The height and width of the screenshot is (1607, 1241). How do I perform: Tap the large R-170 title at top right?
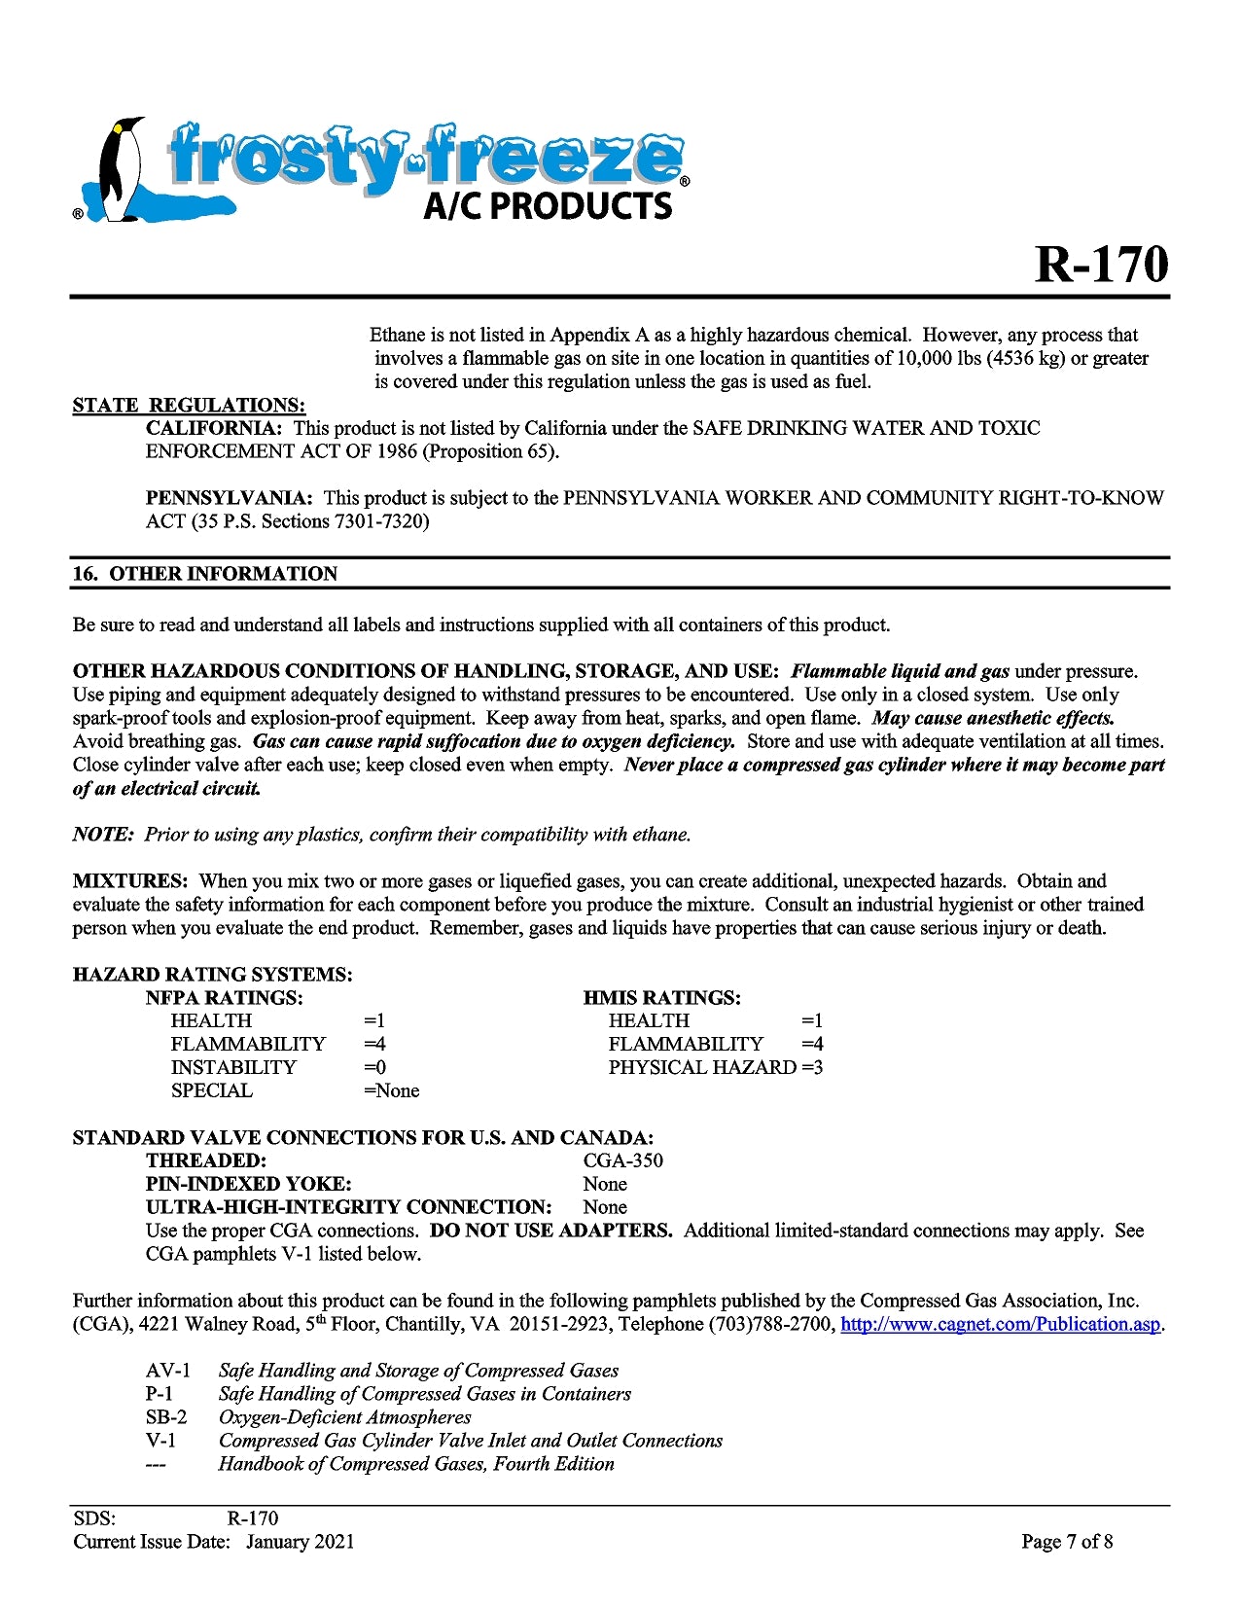point(1101,264)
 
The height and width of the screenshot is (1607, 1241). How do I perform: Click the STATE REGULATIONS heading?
point(189,405)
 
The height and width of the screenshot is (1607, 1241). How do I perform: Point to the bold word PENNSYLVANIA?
point(230,498)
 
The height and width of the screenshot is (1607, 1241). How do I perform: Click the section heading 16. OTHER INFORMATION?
point(205,574)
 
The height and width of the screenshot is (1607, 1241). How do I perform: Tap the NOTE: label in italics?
point(103,835)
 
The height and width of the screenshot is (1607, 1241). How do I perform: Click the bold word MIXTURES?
point(130,881)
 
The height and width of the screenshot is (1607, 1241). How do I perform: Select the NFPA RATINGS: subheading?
point(225,998)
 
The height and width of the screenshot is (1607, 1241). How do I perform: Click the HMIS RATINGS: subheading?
point(662,998)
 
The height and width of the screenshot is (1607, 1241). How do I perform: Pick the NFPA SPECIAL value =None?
point(392,1090)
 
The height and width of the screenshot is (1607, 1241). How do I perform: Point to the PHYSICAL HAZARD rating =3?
point(812,1067)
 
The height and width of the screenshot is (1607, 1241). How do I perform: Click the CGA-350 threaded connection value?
point(623,1161)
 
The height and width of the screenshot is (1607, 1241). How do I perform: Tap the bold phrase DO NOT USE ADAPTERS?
point(550,1231)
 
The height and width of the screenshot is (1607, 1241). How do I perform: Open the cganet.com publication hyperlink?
point(1001,1324)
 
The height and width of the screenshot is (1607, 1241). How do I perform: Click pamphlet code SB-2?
point(166,1417)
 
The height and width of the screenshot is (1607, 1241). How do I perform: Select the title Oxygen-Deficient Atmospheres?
point(345,1417)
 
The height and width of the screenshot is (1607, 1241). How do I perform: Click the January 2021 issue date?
point(301,1542)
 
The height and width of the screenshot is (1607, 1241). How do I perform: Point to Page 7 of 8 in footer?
point(1067,1542)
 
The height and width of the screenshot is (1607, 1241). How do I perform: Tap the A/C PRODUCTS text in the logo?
point(548,205)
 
